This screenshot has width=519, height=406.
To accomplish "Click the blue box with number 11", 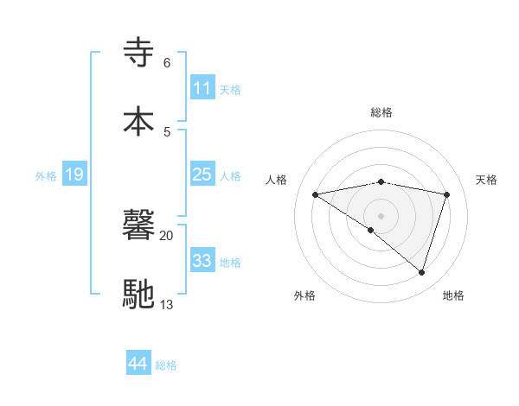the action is (202, 88).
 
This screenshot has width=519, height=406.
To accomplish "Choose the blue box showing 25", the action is (202, 174).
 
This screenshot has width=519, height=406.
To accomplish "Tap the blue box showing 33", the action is (202, 261).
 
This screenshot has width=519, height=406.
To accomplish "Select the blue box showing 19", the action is (74, 174).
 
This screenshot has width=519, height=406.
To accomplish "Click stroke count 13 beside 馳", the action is (166, 304).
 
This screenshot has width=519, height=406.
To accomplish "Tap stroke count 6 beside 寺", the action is (166, 62).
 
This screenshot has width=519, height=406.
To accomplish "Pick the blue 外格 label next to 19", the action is (46, 175).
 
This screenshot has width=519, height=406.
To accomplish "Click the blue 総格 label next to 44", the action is (166, 365).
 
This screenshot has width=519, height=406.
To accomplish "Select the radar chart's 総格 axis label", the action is (381, 112).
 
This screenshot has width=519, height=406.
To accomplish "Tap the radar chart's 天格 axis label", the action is (487, 180).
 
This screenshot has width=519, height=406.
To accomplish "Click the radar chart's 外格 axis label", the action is (304, 295).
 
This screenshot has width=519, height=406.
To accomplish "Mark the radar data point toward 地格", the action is (421, 272).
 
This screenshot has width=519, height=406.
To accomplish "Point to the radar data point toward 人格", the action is (316, 194).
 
